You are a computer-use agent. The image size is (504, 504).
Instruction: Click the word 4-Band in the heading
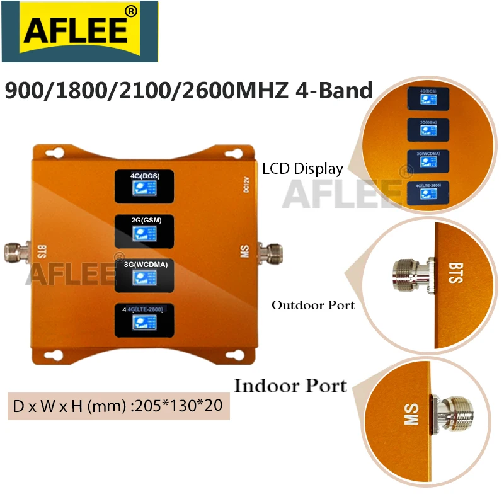pos(334,91)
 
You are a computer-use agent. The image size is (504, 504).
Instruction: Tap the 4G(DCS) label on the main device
pos(142,176)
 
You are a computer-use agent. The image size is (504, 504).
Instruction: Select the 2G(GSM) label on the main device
pos(142,220)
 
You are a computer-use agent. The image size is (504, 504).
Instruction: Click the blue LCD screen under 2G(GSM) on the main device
pos(142,234)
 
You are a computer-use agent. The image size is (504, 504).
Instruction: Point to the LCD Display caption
pos(303,168)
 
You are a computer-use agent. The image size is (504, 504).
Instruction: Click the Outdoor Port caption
pos(313,305)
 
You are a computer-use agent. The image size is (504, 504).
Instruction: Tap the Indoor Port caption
pos(290,385)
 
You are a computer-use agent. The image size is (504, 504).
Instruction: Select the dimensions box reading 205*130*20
pos(118,406)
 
